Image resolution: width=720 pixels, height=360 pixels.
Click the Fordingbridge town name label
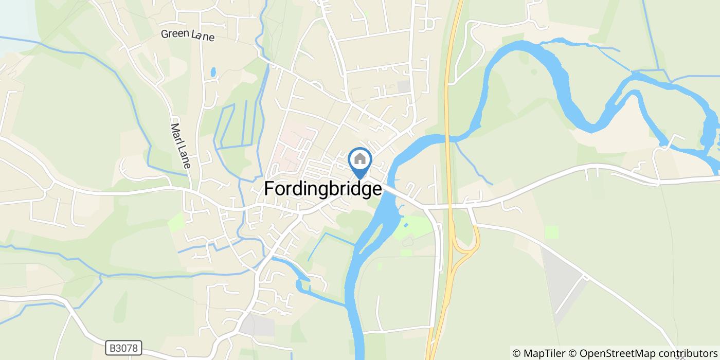click(x=323, y=189)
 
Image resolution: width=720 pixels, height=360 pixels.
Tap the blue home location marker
click(x=360, y=160)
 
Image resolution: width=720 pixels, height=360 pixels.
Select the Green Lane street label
click(x=187, y=35)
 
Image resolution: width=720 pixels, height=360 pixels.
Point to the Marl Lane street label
click(x=181, y=146)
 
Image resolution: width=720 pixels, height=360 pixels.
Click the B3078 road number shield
click(x=124, y=348)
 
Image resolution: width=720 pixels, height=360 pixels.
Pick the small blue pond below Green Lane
click(x=213, y=72)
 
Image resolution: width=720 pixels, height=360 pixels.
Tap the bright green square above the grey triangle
click(x=552, y=232)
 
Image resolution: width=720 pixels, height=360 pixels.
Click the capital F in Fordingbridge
click(x=269, y=189)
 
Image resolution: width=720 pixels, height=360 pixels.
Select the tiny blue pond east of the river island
click(x=407, y=225)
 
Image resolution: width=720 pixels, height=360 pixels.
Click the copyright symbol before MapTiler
click(x=516, y=353)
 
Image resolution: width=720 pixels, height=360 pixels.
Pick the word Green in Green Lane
click(x=173, y=34)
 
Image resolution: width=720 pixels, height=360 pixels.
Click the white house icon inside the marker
click(x=360, y=158)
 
